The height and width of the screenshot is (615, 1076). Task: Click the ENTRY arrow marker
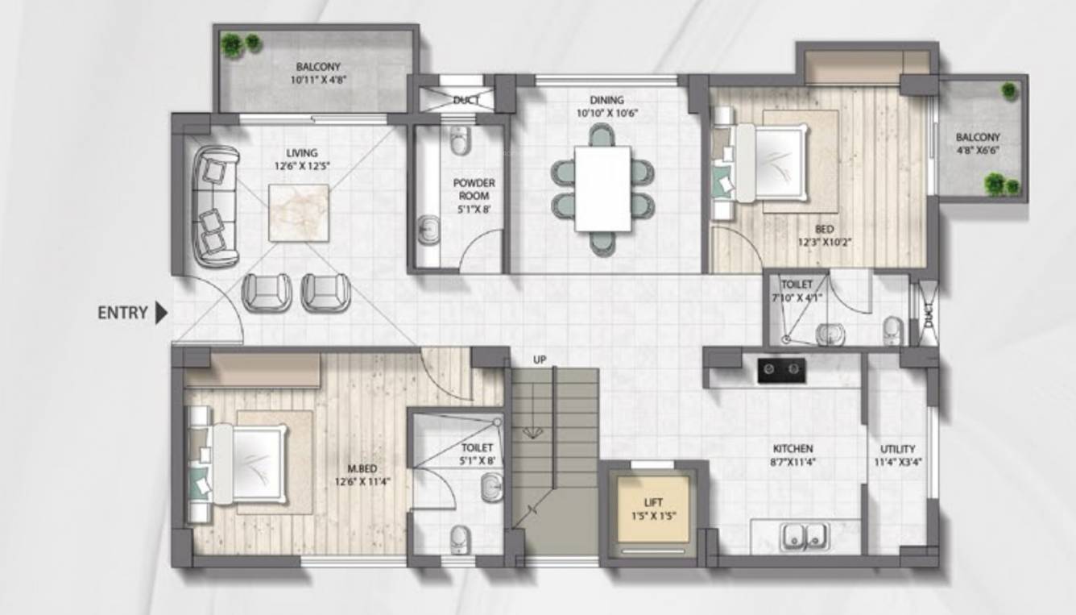click(x=161, y=313)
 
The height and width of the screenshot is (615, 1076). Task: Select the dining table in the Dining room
click(x=602, y=188)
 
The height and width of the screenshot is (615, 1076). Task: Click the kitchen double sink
click(x=805, y=535)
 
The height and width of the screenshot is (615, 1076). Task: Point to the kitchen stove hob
click(x=781, y=370)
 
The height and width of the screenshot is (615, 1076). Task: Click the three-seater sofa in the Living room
click(x=215, y=206)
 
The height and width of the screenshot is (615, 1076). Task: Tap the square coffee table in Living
click(x=298, y=213)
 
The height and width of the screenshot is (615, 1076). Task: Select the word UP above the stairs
click(x=540, y=359)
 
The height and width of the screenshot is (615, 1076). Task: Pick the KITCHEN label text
click(x=793, y=448)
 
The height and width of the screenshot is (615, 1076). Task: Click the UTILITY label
click(x=897, y=449)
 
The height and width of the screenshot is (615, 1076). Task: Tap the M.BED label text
click(x=363, y=468)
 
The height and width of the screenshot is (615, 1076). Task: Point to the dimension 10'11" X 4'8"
click(x=318, y=80)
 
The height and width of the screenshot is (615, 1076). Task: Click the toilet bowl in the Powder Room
click(x=460, y=142)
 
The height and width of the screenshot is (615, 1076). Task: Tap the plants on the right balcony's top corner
click(x=1008, y=90)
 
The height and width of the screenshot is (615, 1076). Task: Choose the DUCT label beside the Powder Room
click(x=466, y=100)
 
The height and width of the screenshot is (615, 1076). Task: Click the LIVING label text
click(x=301, y=152)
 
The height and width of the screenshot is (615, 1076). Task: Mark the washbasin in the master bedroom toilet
click(x=490, y=487)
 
